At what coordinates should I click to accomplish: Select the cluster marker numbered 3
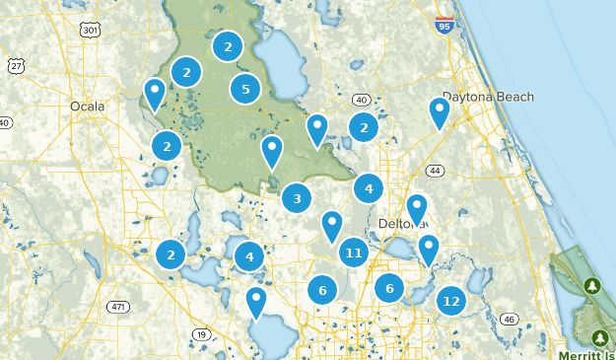click(297, 198)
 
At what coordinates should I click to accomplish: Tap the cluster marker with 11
click(354, 253)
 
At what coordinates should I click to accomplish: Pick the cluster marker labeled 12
click(451, 301)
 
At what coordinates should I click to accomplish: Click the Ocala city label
click(88, 107)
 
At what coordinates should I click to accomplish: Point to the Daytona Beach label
click(488, 97)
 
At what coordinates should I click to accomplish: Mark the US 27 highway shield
click(15, 65)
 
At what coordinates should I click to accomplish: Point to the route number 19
click(201, 335)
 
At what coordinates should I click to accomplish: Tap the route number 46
click(509, 320)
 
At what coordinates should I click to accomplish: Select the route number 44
click(436, 171)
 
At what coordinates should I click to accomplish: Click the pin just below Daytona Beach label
click(439, 111)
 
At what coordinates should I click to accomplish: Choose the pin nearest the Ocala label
click(155, 92)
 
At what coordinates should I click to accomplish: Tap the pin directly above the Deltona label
click(417, 207)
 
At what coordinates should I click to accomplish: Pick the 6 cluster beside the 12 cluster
click(389, 288)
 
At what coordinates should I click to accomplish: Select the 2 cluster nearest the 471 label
click(171, 254)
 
